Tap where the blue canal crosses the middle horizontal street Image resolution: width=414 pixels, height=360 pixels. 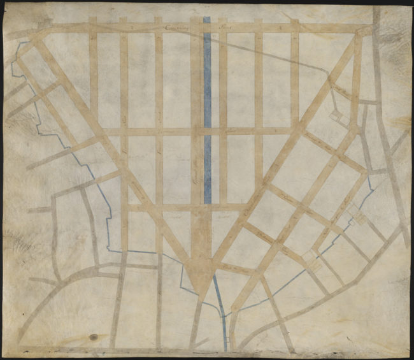pyautogui.click(x=207, y=131)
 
